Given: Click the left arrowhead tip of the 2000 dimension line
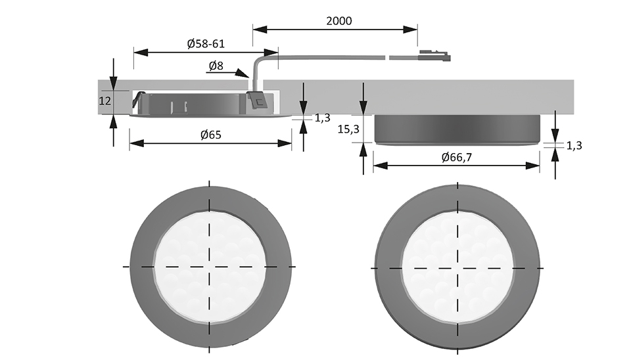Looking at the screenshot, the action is tap(253, 30).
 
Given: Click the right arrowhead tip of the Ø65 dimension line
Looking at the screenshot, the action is tap(291, 143).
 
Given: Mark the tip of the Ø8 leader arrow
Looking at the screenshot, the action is tap(250, 77).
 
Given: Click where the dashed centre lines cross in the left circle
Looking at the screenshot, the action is tap(209, 266).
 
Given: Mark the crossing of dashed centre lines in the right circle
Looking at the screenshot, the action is tap(457, 268).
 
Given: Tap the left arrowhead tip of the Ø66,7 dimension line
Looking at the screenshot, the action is tap(373, 166).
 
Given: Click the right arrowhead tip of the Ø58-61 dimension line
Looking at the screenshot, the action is tap(278, 53).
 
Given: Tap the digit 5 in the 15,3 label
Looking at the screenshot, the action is tap(346, 129).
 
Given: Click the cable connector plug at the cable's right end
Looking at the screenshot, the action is tap(434, 56).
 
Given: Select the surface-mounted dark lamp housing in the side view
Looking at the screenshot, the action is tap(457, 129).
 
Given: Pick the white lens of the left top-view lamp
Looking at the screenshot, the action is tap(209, 266).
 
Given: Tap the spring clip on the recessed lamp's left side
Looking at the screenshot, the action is tap(138, 100).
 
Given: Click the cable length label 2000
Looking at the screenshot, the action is tap(339, 20).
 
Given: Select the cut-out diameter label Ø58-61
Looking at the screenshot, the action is tap(206, 43).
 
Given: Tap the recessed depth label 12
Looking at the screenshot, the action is tap(105, 101).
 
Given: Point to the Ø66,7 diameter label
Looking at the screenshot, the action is tap(456, 157).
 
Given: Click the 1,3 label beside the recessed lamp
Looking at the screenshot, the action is tap(322, 118).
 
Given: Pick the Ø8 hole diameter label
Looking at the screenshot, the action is tap(216, 65).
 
